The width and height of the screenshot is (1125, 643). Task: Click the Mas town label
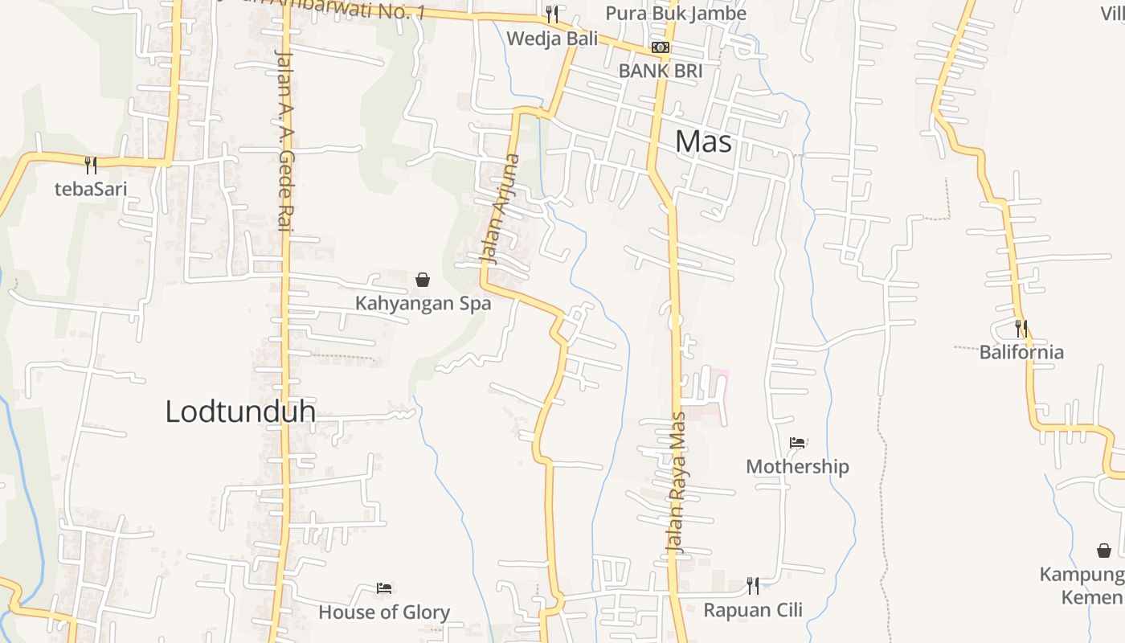[x=703, y=141]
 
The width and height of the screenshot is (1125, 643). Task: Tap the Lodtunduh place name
[x=239, y=412]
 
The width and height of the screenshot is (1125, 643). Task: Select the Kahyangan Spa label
[x=423, y=304]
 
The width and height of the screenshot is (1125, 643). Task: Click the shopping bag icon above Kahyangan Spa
[x=423, y=280]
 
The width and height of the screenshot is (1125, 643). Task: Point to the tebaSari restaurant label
[x=91, y=190]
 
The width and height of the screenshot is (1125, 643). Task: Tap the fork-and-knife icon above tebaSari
[x=91, y=166]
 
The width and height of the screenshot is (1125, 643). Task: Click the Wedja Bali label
[x=553, y=38]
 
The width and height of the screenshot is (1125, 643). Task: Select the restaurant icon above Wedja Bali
[x=551, y=14]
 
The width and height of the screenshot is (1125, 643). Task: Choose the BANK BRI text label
[x=661, y=71]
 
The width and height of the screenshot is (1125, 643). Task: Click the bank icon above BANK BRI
[x=661, y=47]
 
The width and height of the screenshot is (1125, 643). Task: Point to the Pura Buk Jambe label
[x=675, y=14]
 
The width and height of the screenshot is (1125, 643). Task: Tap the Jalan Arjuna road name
[x=500, y=209]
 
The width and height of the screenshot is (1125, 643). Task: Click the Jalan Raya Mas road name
[x=675, y=482]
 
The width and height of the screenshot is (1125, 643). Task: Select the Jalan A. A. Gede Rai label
[x=283, y=141]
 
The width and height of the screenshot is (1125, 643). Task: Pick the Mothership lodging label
[x=797, y=466]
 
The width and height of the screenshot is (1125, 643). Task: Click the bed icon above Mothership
[x=797, y=442]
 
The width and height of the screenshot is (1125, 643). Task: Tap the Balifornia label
[x=1021, y=352]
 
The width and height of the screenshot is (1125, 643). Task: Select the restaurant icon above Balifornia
[x=1021, y=328]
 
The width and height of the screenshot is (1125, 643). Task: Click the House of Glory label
[x=384, y=612]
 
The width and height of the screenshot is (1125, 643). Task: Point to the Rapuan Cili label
[x=753, y=610]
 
